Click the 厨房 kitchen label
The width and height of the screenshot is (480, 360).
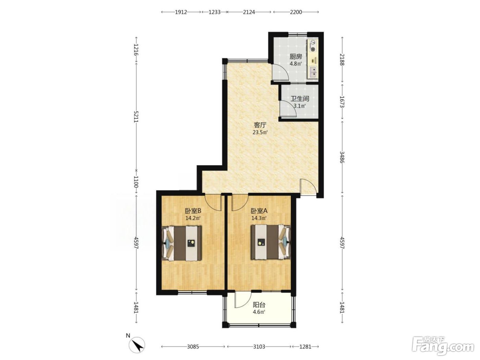(296, 57)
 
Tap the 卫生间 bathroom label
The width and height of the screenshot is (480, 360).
(300, 99)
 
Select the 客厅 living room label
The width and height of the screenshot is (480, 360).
(260, 125)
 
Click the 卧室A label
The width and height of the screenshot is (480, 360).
(259, 211)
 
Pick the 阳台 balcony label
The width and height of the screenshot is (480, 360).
(259, 304)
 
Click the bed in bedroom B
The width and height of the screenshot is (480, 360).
(182, 243)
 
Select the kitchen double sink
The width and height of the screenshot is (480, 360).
(313, 72)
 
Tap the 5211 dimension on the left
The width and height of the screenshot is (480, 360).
(136, 117)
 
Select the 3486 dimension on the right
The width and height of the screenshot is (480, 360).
(342, 157)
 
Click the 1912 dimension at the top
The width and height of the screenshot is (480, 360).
(181, 12)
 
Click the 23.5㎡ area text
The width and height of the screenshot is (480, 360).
(260, 132)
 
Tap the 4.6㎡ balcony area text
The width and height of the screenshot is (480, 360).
(259, 312)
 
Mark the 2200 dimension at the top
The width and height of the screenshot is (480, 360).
(296, 12)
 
